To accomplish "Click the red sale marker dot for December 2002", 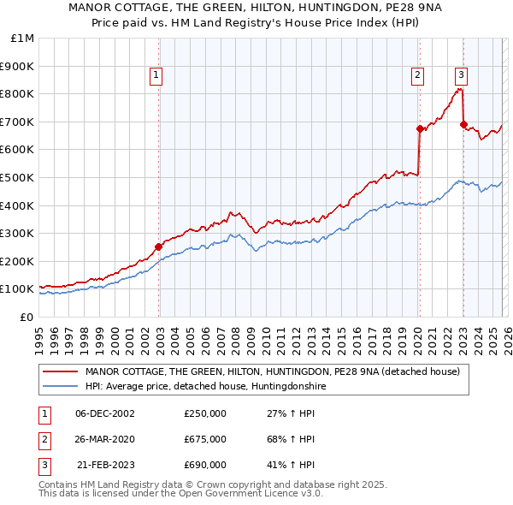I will [159, 247].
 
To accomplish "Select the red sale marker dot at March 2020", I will [420, 128].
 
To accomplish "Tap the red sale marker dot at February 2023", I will [463, 124].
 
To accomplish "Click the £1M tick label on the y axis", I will [23, 38].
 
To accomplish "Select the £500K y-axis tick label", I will [19, 177].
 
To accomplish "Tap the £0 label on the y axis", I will [27, 317].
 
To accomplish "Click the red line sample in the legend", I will [61, 371].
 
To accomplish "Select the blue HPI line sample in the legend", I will [61, 387].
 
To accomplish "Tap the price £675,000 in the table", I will [205, 439].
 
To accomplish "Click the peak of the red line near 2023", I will [460, 88].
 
